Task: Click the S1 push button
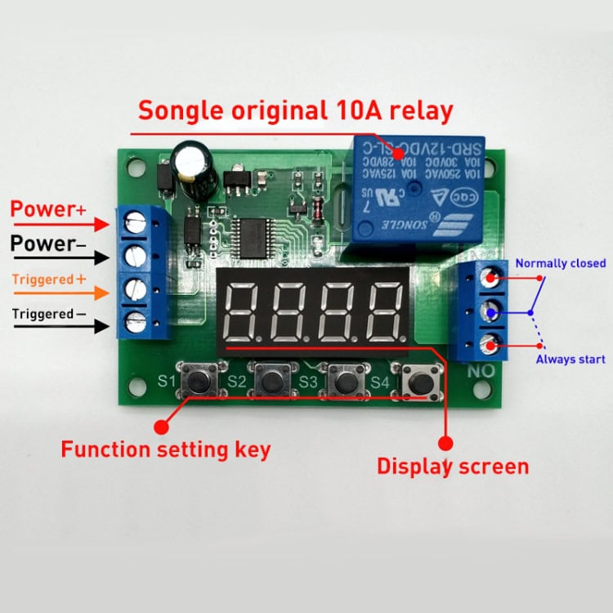(200, 380)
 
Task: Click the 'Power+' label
(48, 209)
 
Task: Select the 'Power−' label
(48, 244)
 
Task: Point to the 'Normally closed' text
(560, 263)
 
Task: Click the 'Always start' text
(570, 360)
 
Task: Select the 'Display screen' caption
(452, 467)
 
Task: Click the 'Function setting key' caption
(166, 449)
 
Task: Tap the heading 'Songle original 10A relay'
(294, 110)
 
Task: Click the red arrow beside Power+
(101, 222)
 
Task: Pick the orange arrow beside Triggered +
(101, 293)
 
